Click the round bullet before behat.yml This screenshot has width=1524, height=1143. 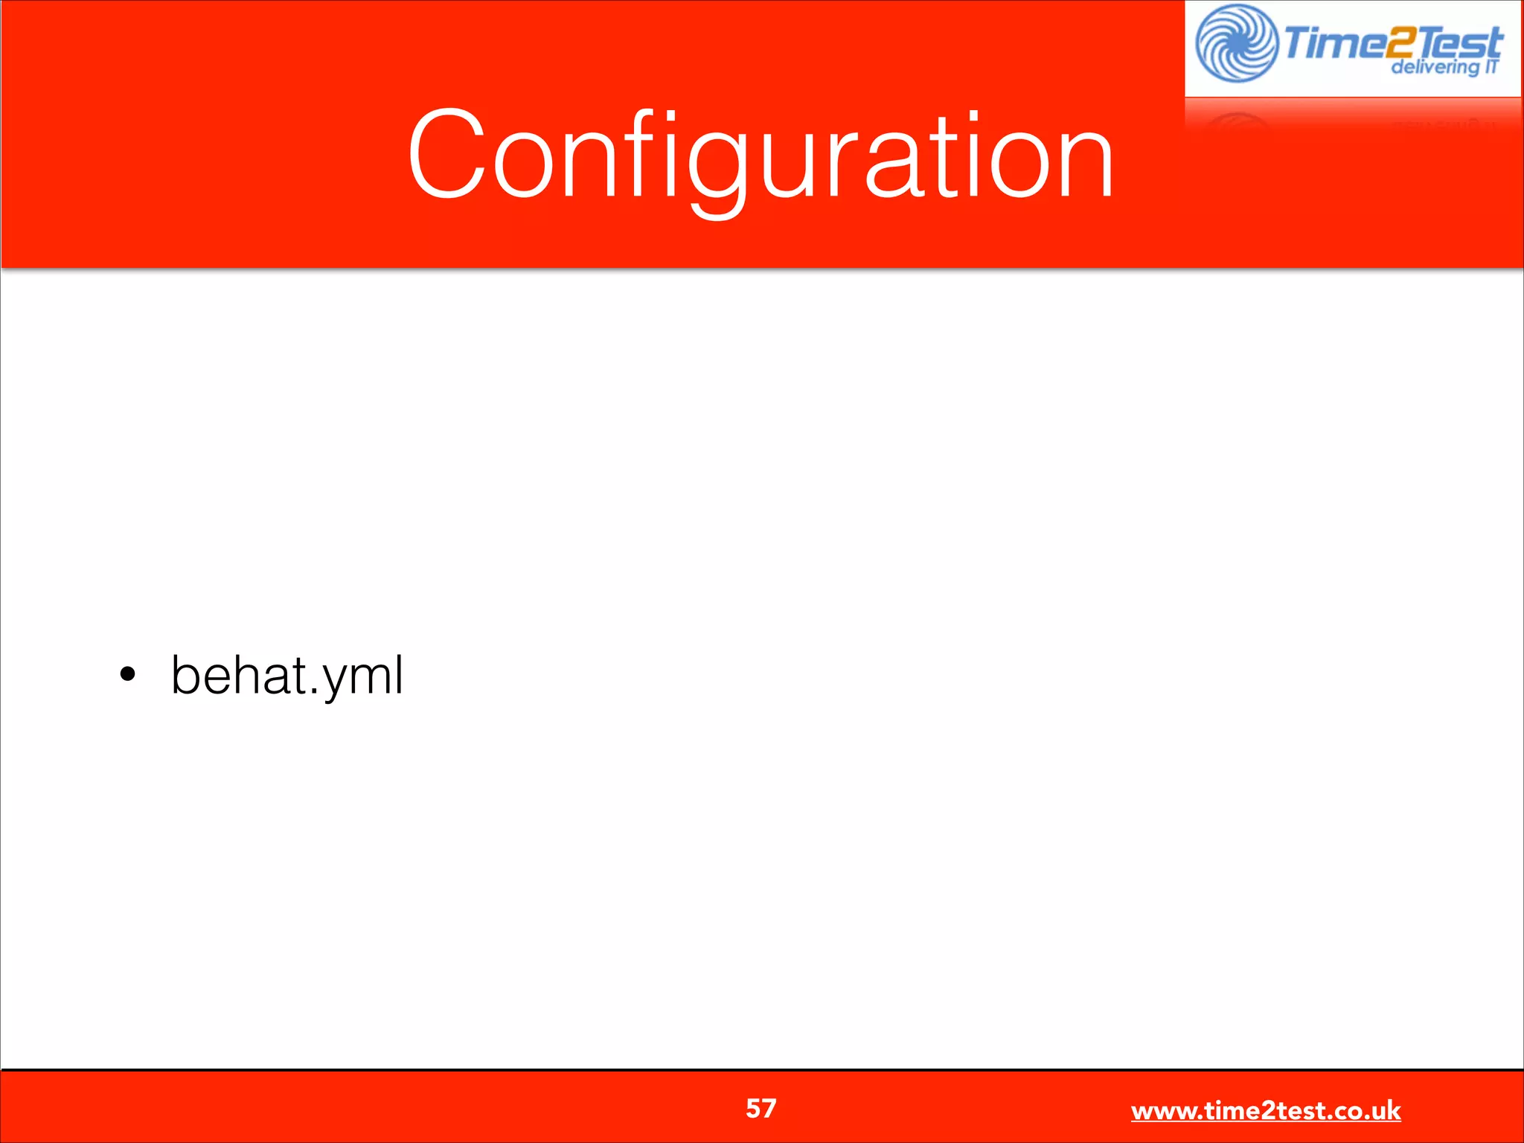coord(128,675)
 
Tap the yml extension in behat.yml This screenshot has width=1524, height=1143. coord(362,677)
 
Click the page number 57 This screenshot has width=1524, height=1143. coord(761,1109)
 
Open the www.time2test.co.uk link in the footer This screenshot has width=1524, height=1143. coord(1265,1111)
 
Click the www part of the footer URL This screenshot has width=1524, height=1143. coord(1163,1112)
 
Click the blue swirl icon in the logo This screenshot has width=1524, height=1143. coord(1235,43)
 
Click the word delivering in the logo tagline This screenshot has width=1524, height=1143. coord(1434,68)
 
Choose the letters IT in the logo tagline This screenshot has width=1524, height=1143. coord(1491,66)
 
